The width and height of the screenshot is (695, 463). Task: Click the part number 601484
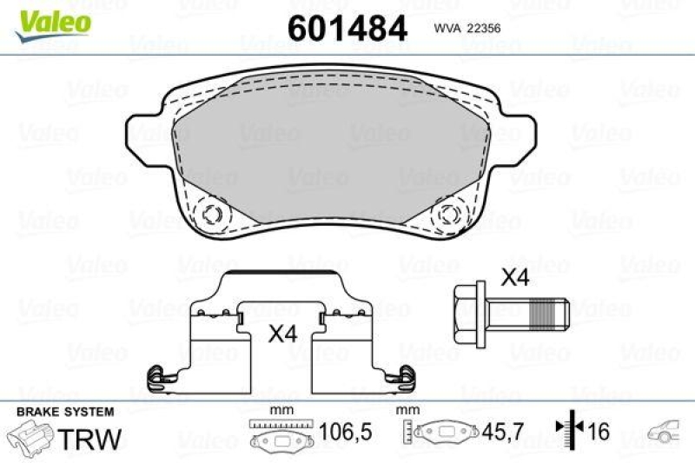coord(347,30)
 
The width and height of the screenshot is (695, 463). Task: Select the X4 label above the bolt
coord(517,280)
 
